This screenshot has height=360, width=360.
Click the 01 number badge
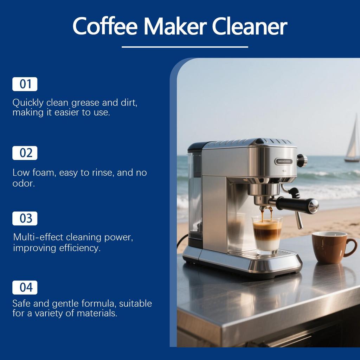(x=25, y=84)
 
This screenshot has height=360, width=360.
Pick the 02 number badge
(x=25, y=153)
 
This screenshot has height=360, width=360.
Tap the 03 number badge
(x=25, y=218)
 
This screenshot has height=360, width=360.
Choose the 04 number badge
(x=25, y=288)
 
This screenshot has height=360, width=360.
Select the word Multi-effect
(x=38, y=237)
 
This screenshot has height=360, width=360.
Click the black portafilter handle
(x=297, y=204)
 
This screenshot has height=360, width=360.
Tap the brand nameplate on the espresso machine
(x=283, y=161)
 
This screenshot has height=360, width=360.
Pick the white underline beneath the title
(x=185, y=47)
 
